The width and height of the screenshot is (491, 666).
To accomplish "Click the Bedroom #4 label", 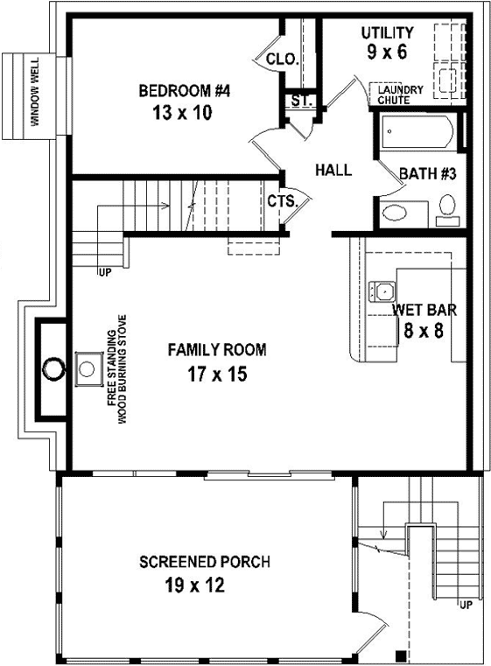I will pyautogui.click(x=184, y=89).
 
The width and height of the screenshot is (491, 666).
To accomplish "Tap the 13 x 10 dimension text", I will pyautogui.click(x=184, y=113).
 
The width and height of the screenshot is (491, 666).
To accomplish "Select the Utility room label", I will pyautogui.click(x=387, y=33).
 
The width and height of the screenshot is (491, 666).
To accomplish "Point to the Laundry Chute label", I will pyautogui.click(x=401, y=95).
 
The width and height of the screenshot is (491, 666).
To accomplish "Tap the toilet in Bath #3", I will pyautogui.click(x=447, y=207).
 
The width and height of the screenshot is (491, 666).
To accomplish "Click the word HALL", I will pyautogui.click(x=333, y=170).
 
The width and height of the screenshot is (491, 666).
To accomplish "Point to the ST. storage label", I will pyautogui.click(x=301, y=102).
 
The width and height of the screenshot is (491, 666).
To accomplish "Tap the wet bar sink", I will pyautogui.click(x=382, y=290).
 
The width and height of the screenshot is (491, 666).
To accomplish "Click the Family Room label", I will pyautogui.click(x=217, y=350).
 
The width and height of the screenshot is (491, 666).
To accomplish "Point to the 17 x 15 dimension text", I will pyautogui.click(x=217, y=375).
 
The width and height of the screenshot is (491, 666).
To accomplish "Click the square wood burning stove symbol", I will pyautogui.click(x=88, y=366).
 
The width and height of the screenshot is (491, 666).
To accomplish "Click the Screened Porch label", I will pyautogui.click(x=205, y=561).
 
